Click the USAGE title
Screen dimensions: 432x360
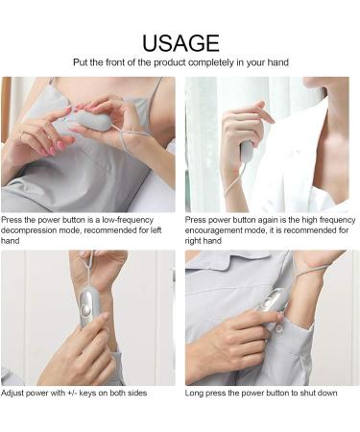click(x=180, y=42)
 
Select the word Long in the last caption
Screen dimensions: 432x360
click(x=197, y=394)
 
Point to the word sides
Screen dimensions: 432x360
click(x=134, y=394)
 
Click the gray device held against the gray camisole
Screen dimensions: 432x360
click(x=89, y=119)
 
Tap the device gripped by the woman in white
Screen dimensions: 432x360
click(x=246, y=151)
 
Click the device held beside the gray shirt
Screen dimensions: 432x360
click(x=272, y=303)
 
